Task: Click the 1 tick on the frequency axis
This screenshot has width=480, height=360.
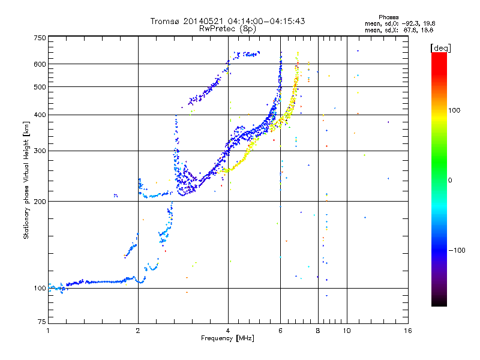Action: [x=48, y=331]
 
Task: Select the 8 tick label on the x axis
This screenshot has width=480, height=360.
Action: [x=317, y=331]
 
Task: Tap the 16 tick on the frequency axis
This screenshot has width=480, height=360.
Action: [x=407, y=331]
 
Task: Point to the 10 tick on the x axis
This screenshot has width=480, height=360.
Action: [x=347, y=331]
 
